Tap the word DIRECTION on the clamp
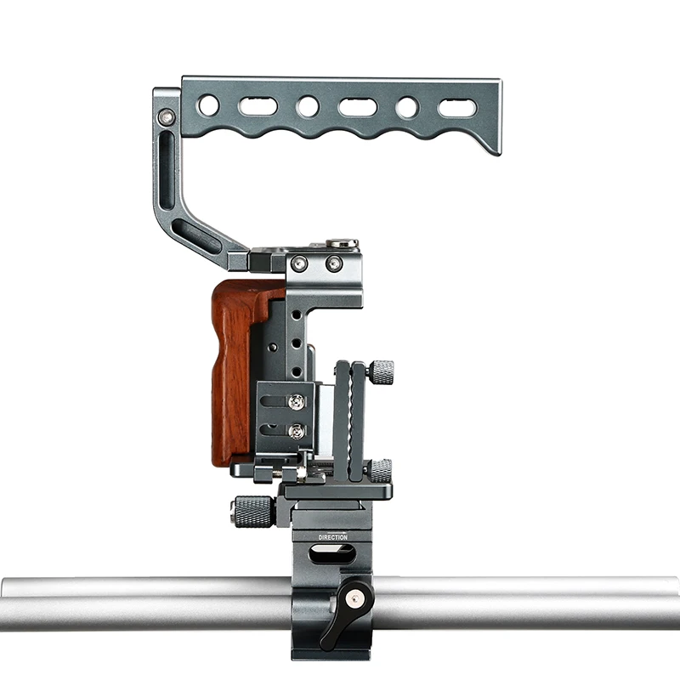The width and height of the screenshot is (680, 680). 333,537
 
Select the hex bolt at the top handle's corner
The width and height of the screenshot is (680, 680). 167,116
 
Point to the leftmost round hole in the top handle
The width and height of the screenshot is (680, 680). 208,105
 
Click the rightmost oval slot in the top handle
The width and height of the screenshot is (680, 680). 457,108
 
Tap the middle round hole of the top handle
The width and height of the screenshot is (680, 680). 308,106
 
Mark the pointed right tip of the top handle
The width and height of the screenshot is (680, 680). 500,154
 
